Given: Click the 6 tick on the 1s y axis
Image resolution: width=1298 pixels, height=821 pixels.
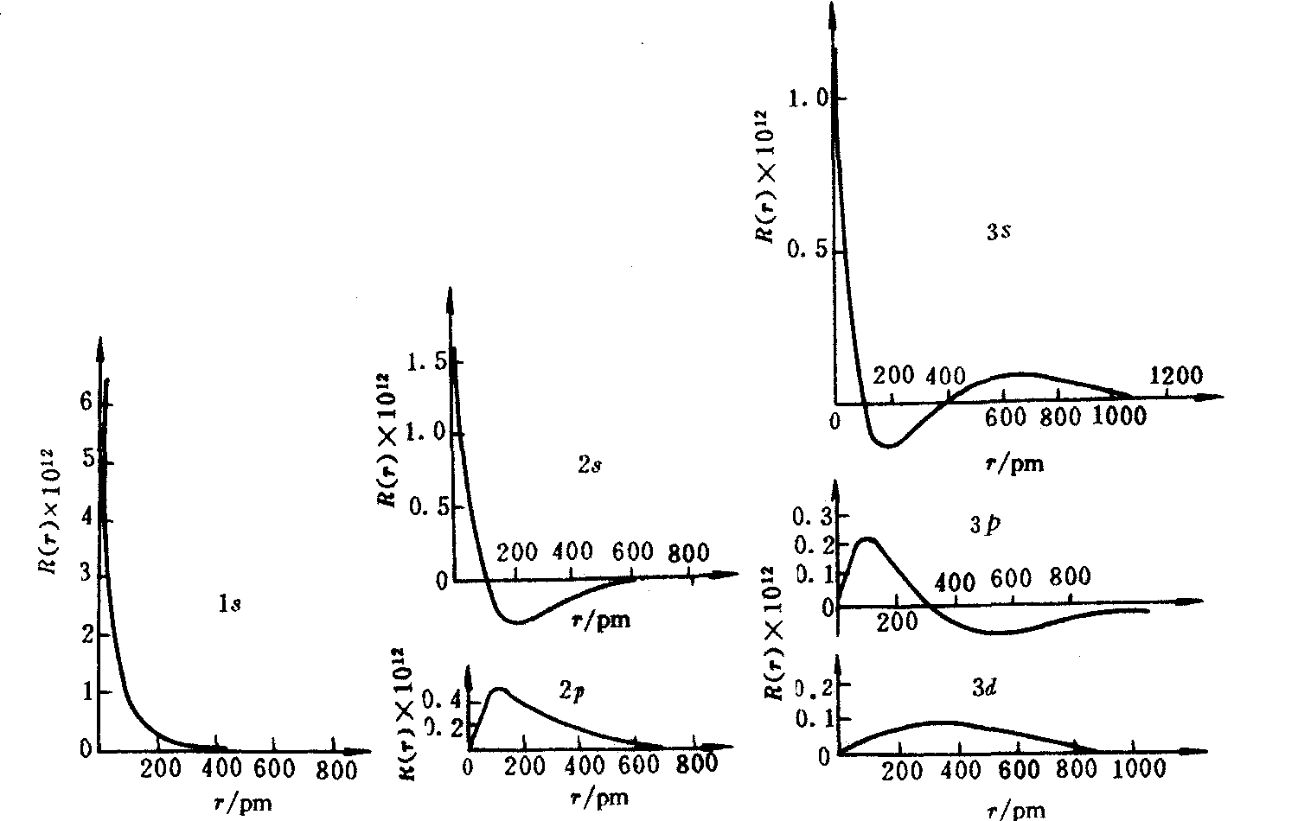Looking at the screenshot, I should point(86,402).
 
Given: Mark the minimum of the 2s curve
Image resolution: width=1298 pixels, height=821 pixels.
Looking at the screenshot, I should point(517,621).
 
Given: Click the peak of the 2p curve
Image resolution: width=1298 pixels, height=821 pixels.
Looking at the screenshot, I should point(499,689).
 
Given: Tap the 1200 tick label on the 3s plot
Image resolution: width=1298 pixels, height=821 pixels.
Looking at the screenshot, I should point(1176,375).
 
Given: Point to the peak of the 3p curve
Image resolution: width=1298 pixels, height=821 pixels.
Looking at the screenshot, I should point(868,538).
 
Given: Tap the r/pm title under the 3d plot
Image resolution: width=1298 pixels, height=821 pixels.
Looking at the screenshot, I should point(1016,810).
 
